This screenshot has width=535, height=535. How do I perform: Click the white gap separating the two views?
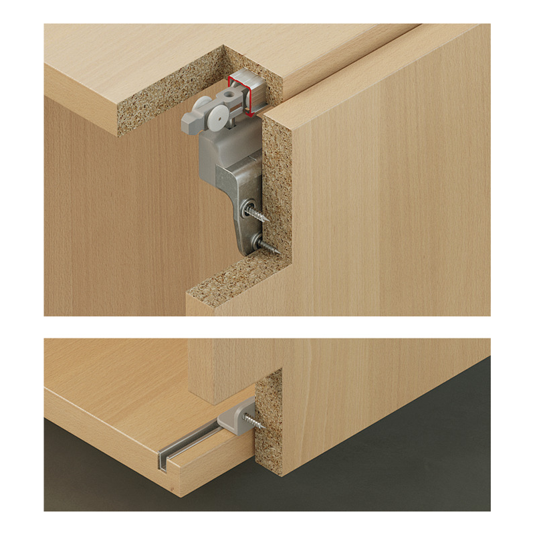tap(267, 327)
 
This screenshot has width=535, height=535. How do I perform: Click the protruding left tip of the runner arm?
tap(187, 122)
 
